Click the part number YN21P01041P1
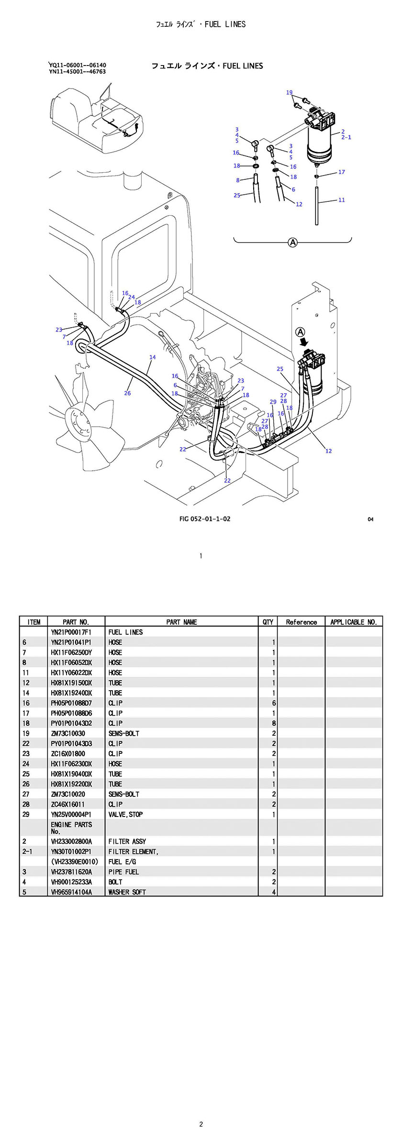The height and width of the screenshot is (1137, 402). click(x=71, y=642)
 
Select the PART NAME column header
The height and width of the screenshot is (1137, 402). click(x=181, y=622)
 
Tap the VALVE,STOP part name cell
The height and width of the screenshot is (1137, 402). click(x=125, y=814)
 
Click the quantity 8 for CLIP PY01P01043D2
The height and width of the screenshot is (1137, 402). click(x=274, y=723)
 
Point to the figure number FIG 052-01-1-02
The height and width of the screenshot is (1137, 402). click(x=204, y=519)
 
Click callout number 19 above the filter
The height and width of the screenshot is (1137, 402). click(x=289, y=92)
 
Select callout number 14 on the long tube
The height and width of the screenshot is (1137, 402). click(x=152, y=357)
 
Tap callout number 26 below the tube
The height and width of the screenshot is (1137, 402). click(x=127, y=393)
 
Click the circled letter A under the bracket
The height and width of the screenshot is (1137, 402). click(x=292, y=243)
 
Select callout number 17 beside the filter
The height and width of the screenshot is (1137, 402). click(x=341, y=172)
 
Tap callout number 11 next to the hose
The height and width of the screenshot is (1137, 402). click(x=341, y=200)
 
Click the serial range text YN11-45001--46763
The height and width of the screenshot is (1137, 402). click(x=77, y=72)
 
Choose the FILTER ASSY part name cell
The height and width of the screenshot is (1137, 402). click(x=127, y=841)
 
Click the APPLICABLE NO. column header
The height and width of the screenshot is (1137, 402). click(x=354, y=622)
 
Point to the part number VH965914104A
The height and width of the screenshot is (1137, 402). click(x=71, y=892)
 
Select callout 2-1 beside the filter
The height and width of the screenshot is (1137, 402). click(x=346, y=137)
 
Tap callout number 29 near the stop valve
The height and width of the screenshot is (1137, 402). click(x=273, y=402)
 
